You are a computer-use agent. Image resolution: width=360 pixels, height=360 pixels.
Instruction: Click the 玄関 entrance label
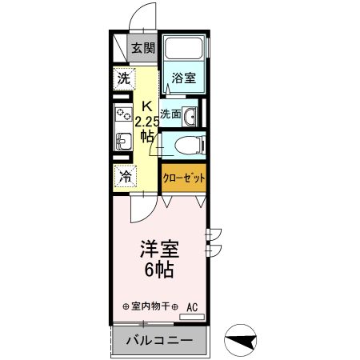(144, 49)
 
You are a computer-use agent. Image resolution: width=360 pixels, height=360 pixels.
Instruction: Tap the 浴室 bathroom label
(182, 78)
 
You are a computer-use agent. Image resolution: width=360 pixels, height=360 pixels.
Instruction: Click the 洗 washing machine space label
(123, 78)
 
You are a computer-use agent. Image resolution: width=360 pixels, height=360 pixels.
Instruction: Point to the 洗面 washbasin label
(169, 114)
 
